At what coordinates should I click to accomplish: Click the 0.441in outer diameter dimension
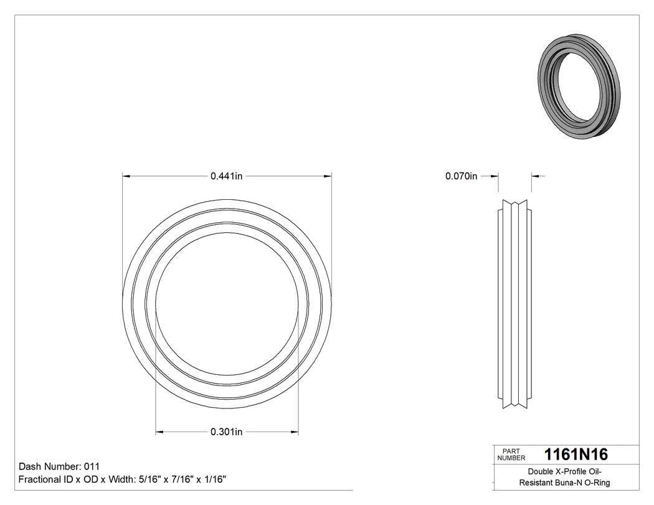[x=226, y=176]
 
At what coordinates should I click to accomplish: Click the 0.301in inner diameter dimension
[x=226, y=432]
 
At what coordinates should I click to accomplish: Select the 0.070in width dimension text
[x=461, y=176]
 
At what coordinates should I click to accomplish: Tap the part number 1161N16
[x=576, y=455]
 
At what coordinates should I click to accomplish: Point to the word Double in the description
[x=540, y=471]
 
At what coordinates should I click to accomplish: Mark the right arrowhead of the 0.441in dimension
[x=328, y=176]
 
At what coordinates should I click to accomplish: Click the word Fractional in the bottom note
[x=39, y=479]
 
